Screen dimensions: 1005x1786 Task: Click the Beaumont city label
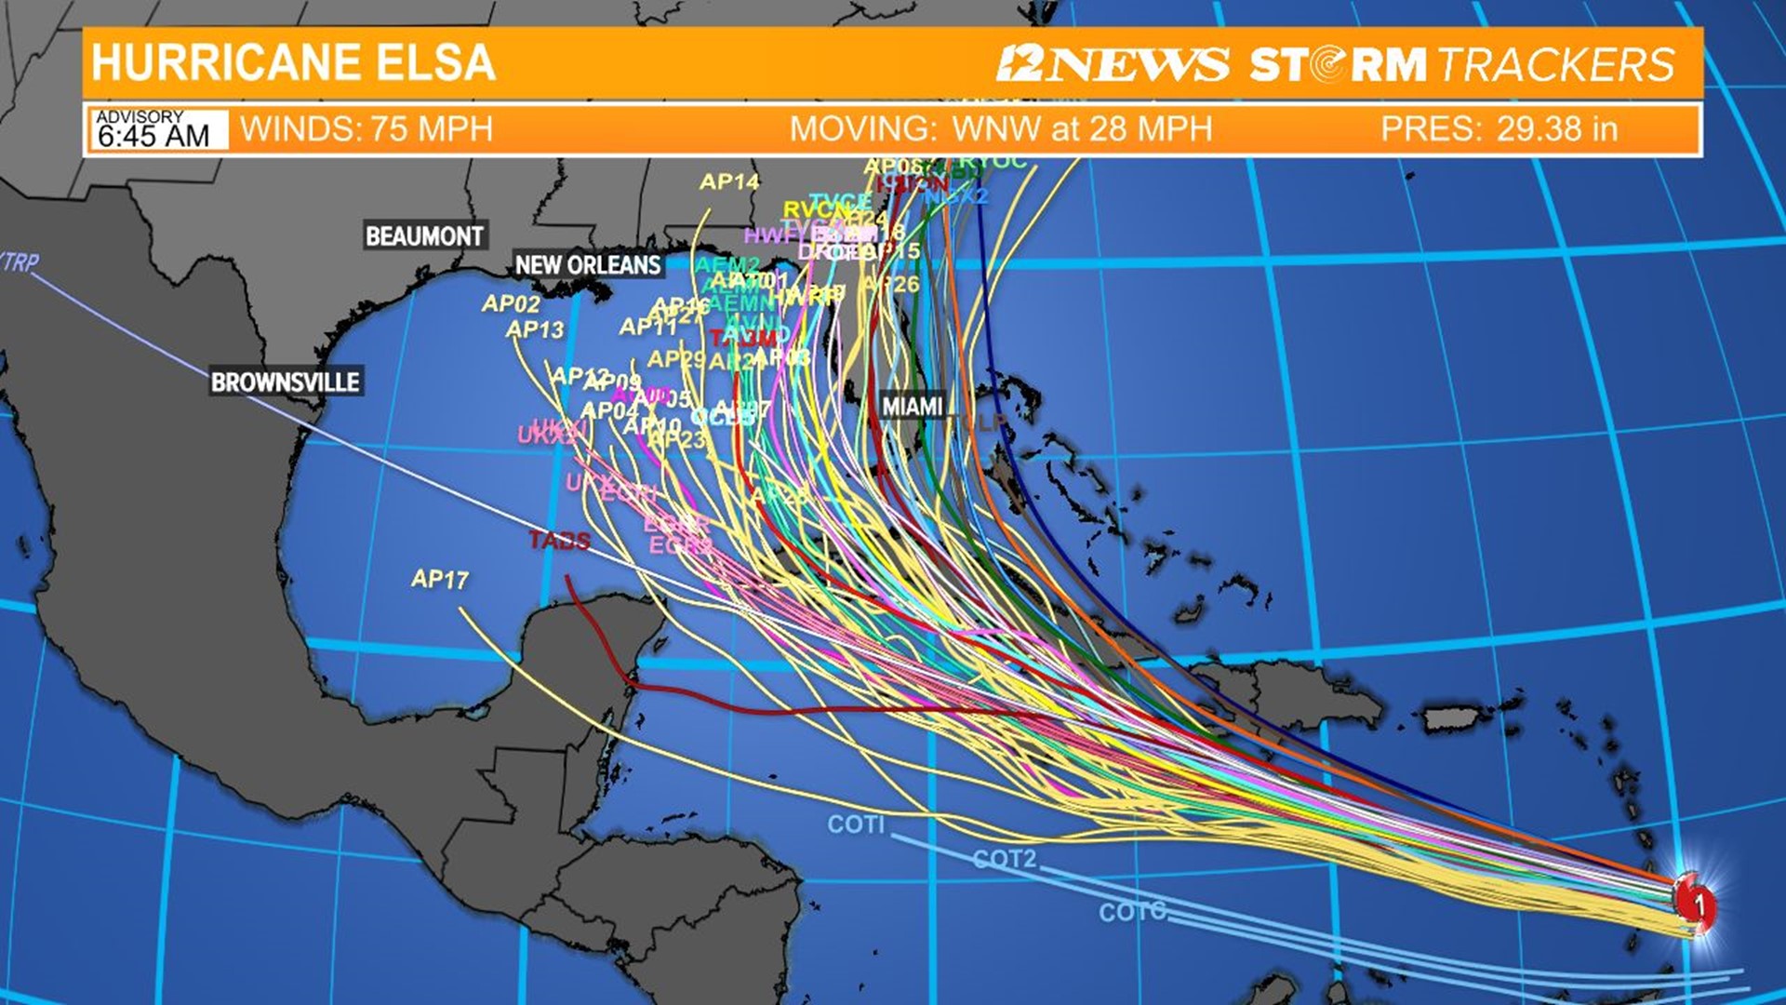(424, 236)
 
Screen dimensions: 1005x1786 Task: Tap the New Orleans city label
(588, 265)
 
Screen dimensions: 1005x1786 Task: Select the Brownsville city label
(285, 382)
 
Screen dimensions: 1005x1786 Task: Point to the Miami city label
(912, 407)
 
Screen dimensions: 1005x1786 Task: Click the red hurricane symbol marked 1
(1696, 901)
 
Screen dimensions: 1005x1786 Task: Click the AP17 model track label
(439, 580)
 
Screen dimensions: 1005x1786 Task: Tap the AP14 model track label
(729, 181)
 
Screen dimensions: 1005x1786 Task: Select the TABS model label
(559, 541)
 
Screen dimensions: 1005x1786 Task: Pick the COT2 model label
(1005, 858)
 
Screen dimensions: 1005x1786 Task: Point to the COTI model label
(856, 824)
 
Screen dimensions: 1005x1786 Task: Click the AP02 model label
(511, 303)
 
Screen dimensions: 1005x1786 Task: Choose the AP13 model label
(535, 329)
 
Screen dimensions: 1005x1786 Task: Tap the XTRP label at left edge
(19, 262)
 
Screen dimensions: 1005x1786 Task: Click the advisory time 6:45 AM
(154, 136)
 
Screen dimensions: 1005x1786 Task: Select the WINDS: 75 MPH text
(367, 128)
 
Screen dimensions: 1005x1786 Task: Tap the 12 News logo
(1113, 64)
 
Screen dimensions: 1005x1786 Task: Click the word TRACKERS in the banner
(1556, 64)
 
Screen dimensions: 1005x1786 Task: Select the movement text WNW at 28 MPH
(1083, 128)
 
